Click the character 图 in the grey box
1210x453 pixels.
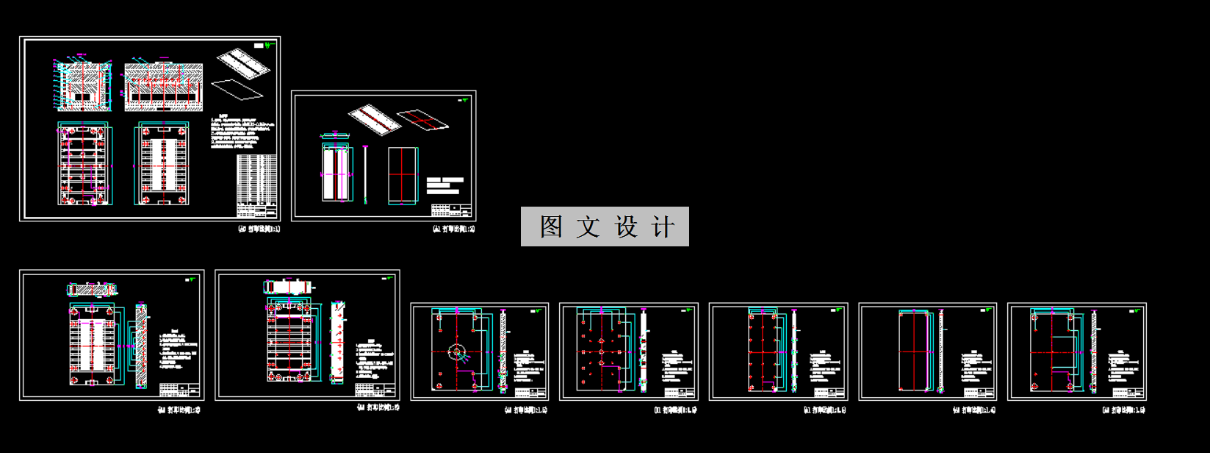tap(551, 226)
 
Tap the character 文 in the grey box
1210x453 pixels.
tap(588, 226)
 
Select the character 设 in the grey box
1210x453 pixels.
tap(626, 226)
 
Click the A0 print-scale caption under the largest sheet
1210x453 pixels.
tap(259, 229)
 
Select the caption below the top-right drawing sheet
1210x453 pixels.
tap(453, 229)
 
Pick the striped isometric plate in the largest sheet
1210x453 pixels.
tap(243, 62)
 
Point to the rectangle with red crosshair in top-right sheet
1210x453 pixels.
tap(403, 174)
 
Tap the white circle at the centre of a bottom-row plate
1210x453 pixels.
tap(457, 352)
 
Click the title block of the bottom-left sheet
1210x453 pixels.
tap(180, 390)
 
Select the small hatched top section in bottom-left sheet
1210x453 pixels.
tap(92, 290)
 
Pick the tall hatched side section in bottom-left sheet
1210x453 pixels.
tap(142, 345)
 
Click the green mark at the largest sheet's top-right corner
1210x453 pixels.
tap(270, 45)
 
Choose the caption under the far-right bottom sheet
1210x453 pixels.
tap(1124, 410)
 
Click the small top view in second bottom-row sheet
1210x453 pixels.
tap(289, 287)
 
